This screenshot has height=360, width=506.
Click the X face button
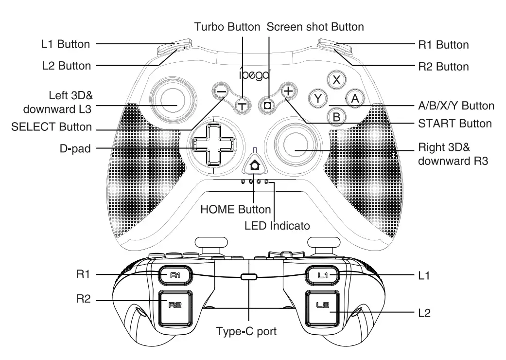[x=336, y=80]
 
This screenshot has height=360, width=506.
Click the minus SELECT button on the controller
[x=221, y=91]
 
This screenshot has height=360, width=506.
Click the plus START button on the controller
[x=288, y=91]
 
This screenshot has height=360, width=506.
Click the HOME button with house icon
[x=254, y=166]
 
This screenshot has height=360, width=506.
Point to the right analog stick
[x=294, y=145]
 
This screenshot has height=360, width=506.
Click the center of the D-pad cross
[x=213, y=144]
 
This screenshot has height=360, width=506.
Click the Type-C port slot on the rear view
[x=248, y=277]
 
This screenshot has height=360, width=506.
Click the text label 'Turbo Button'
[x=227, y=27]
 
